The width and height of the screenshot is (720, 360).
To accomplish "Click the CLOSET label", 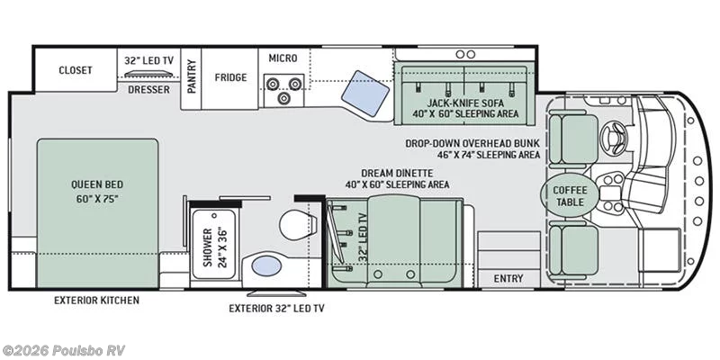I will [76, 70].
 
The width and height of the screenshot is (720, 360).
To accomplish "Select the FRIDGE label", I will [230, 76].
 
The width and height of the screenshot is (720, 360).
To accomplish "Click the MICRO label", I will [283, 58].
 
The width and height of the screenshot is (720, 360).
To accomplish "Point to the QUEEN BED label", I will [96, 191].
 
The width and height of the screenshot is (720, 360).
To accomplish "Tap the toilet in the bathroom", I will [294, 224].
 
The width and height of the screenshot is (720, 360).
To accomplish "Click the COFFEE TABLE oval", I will [569, 195].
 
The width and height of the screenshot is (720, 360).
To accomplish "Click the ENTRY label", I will [508, 279].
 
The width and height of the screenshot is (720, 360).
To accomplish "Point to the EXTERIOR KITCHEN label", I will [97, 300].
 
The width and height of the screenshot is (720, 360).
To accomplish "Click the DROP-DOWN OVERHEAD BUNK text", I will [472, 142].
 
